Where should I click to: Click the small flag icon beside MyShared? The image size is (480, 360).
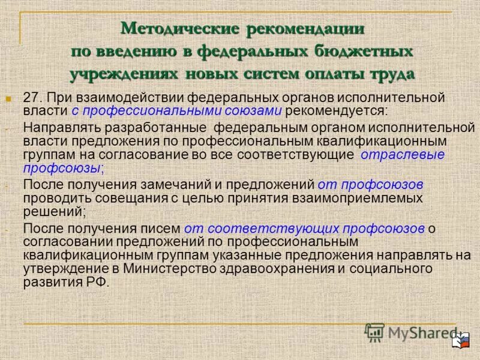pos(463,341)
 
